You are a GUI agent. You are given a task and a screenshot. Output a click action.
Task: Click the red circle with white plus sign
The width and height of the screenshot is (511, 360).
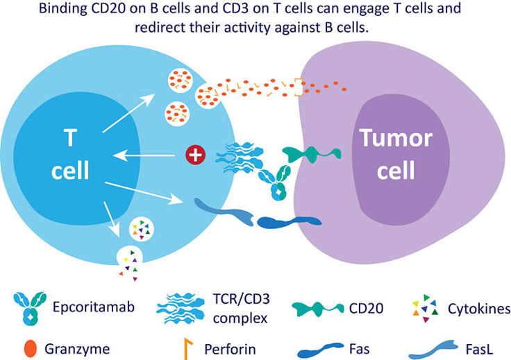point(195,155)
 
